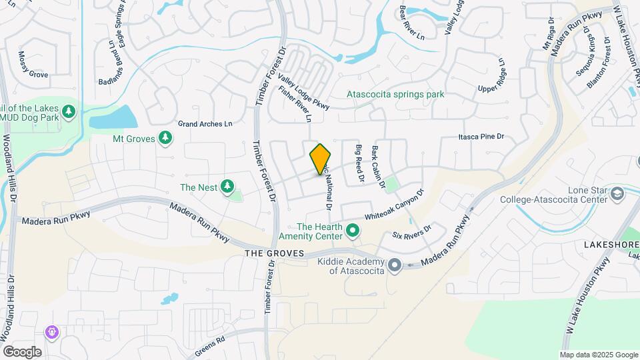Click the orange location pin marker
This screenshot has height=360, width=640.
[321, 159]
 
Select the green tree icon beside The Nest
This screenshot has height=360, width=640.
[227, 186]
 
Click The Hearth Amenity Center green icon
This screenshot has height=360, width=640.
[353, 231]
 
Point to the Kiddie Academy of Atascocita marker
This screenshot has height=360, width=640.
[394, 265]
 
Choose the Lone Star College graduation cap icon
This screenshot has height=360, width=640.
[618, 193]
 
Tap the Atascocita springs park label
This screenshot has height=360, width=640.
[395, 95]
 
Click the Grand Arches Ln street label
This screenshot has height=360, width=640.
[205, 124]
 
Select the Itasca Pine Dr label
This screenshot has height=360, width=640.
[481, 137]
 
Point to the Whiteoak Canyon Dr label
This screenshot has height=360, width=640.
[395, 206]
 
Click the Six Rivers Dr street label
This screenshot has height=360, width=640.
[412, 231]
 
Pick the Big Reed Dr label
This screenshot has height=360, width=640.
[359, 164]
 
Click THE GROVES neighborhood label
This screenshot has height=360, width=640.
[274, 253]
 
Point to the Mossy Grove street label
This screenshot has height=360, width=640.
[33, 65]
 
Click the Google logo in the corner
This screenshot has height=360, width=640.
[22, 351]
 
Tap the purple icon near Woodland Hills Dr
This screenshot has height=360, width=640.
[52, 331]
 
